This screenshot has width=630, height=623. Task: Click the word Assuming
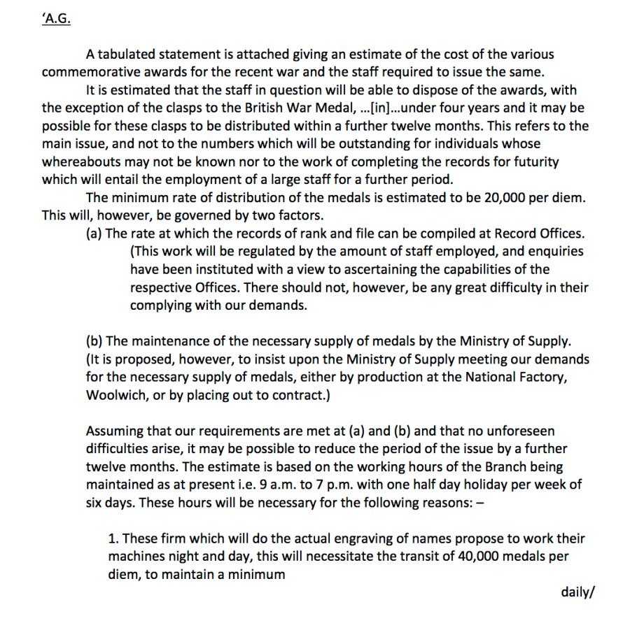point(112,431)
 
